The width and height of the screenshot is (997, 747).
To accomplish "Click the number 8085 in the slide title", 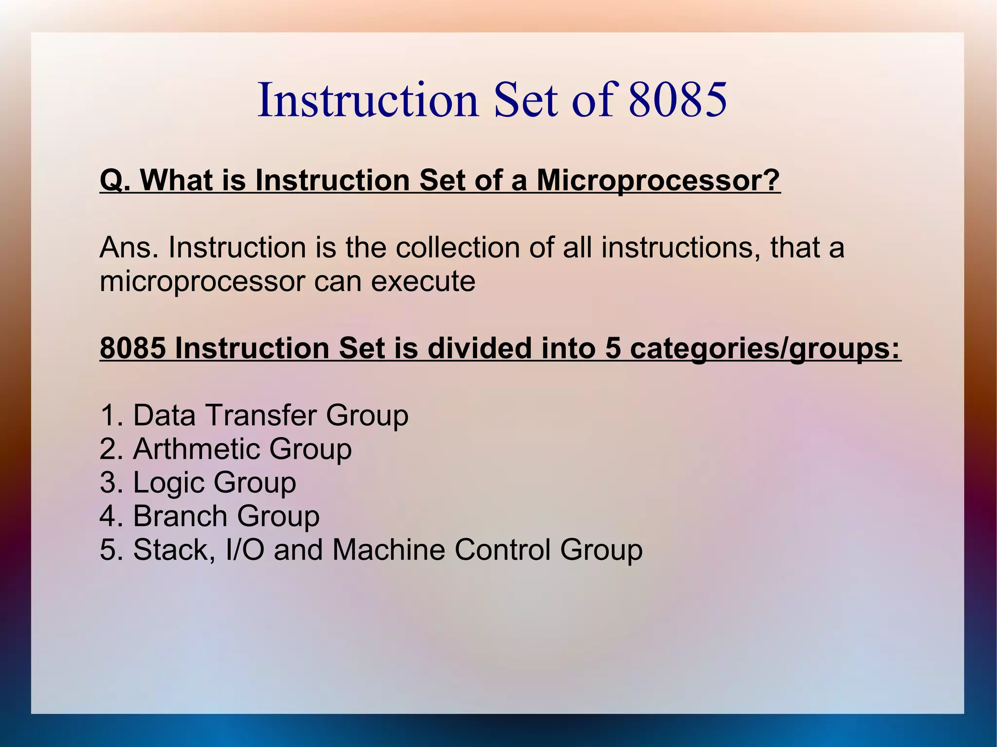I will (678, 100).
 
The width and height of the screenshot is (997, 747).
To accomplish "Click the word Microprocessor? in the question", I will (658, 180).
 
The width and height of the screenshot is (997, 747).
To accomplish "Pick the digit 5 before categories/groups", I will (613, 348).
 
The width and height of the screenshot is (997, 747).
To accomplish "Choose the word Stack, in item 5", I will (174, 550).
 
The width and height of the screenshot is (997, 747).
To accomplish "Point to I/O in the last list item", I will (245, 550).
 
